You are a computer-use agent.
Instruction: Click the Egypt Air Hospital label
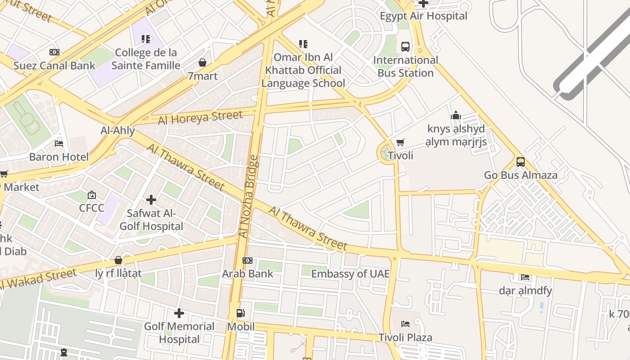tap(423, 16)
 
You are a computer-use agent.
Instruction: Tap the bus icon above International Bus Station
tap(405, 46)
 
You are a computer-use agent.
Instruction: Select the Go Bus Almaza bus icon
tap(521, 162)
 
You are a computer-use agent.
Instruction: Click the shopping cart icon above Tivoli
tap(400, 143)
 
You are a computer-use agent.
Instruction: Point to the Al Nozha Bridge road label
tap(249, 197)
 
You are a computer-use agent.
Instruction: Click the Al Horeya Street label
tap(200, 118)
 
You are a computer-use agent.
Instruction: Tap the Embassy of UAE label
tap(350, 274)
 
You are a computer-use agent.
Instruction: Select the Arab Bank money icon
tap(247, 261)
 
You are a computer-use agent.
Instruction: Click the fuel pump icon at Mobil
tap(241, 313)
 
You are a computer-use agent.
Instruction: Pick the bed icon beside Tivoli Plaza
tap(405, 324)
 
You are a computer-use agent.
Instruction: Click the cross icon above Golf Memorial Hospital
tap(179, 313)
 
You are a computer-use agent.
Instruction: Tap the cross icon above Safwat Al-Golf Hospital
tap(151, 199)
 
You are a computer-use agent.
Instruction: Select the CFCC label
tap(91, 208)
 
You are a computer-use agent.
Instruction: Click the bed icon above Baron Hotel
tap(59, 144)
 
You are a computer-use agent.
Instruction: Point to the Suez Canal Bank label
tap(54, 66)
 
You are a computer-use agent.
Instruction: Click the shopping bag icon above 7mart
tap(202, 63)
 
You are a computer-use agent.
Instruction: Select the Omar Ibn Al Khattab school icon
tap(303, 44)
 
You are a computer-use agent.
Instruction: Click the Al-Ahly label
tap(117, 130)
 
